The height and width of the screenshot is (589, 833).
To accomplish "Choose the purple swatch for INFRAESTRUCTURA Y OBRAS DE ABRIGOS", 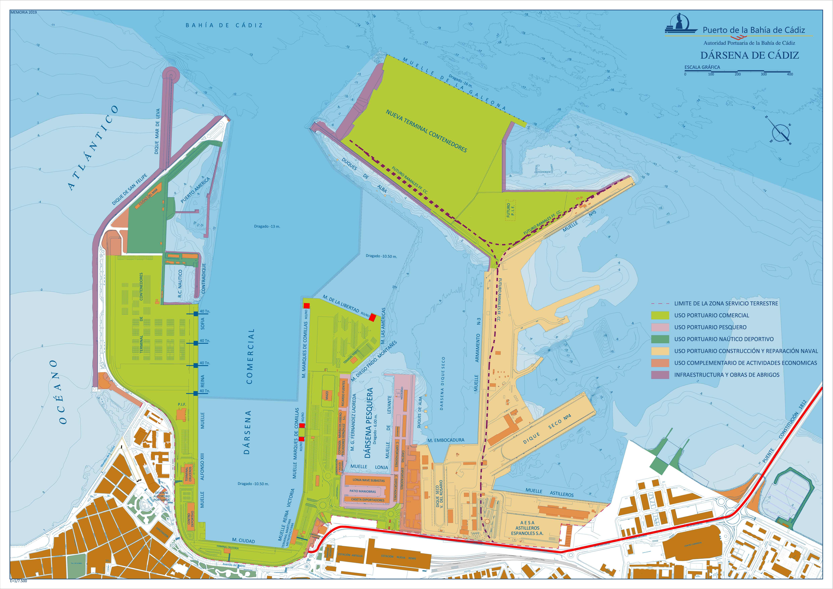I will click(x=660, y=375).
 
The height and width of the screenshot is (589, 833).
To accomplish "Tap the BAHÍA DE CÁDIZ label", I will click(x=224, y=25).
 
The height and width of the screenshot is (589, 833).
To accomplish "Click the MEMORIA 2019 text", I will click(x=24, y=12).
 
